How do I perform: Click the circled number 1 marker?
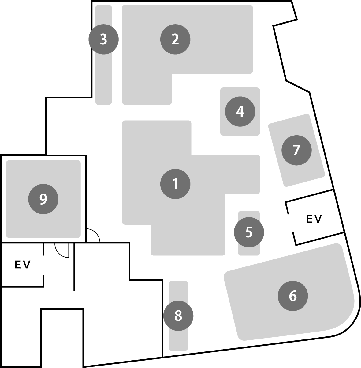(x=175, y=184)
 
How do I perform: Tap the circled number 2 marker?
(x=175, y=40)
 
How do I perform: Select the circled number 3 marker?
(x=103, y=40)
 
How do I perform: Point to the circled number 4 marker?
(x=240, y=111)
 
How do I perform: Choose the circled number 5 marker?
(x=249, y=232)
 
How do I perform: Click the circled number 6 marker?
(x=293, y=296)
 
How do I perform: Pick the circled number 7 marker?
(x=296, y=150)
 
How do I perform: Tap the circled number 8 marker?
(x=178, y=316)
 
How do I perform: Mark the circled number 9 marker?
(x=43, y=199)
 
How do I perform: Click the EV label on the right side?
(x=314, y=219)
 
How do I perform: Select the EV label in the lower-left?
(x=23, y=265)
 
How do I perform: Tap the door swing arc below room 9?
(x=62, y=251)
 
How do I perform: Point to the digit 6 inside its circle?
(x=293, y=296)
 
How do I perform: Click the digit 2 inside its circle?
(x=175, y=40)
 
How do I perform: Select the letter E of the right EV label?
(x=310, y=219)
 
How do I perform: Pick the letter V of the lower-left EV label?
(x=27, y=265)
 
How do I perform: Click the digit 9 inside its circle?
(x=43, y=199)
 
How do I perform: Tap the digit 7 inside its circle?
(x=296, y=150)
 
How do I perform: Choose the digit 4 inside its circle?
(x=240, y=111)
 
